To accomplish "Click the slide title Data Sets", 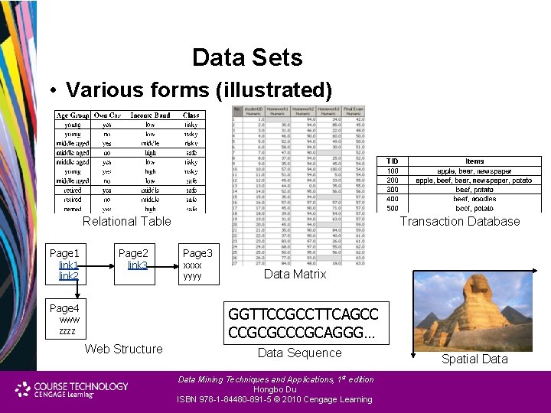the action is point(247,57).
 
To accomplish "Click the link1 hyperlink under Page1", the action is point(68,265).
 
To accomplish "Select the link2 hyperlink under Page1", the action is point(68,276).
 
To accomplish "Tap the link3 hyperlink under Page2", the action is point(138,265).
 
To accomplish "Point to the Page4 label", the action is point(64,308).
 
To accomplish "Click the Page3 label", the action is point(197,253).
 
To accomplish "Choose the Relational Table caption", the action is point(127,221).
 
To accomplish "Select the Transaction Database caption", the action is point(459,222).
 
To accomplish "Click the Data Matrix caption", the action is point(295,274).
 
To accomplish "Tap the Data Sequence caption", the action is point(299,353).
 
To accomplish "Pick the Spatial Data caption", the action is point(474,359).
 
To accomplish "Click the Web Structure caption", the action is point(123,349).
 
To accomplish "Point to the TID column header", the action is point(392,161).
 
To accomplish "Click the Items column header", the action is point(474,161).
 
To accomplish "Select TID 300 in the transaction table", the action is point(392,190).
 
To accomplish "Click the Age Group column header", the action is point(72,115).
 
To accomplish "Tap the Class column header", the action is point(191,115).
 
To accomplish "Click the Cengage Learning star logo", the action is point(23,389).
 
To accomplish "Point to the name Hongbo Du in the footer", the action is point(275,389).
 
